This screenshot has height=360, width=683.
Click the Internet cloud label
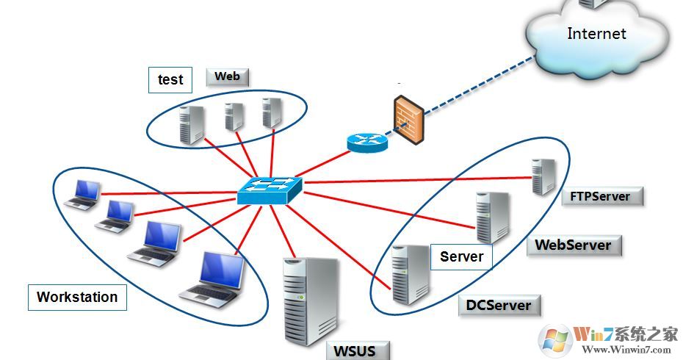pyautogui.click(x=596, y=33)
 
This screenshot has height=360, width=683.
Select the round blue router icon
pyautogui.click(x=366, y=142)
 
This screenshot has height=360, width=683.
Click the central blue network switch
pyautogui.click(x=269, y=190)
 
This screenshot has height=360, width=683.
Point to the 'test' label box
pyautogui.click(x=170, y=79)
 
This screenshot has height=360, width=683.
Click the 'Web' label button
pyautogui.click(x=228, y=76)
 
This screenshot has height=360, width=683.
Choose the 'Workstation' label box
pyautogui.click(x=77, y=297)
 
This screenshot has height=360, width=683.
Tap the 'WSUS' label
pyautogui.click(x=355, y=350)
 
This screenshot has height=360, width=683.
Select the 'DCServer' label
pyautogui.click(x=499, y=304)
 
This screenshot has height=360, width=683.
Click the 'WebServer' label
pyautogui.click(x=574, y=245)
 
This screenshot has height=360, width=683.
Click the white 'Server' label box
pyautogui.click(x=461, y=256)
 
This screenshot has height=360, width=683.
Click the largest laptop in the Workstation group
pyautogui.click(x=214, y=277)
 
